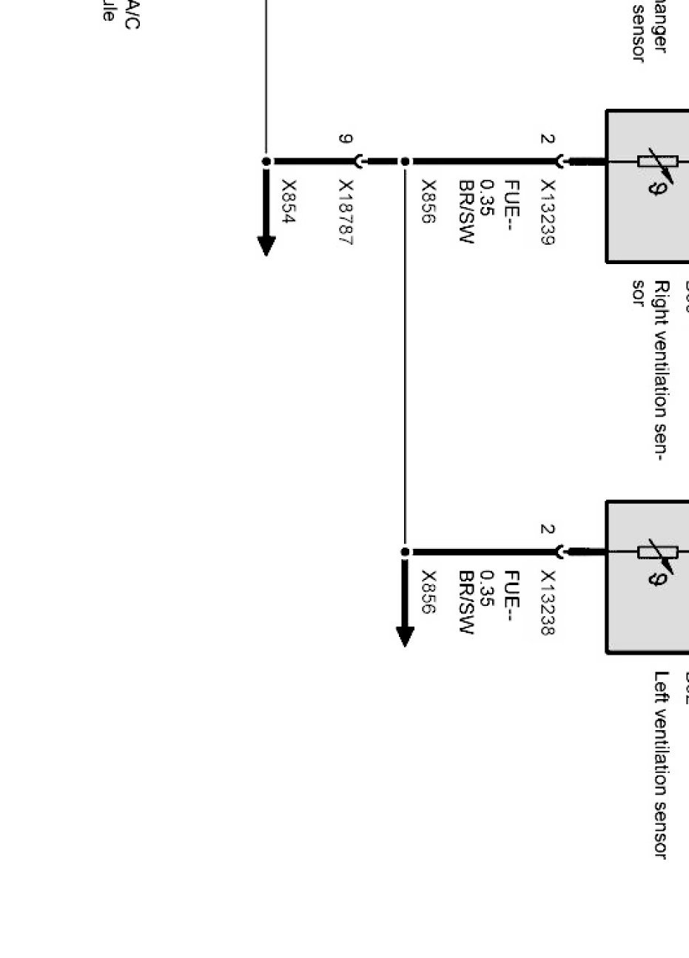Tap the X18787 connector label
click(346, 213)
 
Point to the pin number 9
click(346, 139)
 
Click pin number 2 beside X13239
click(547, 139)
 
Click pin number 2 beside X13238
click(547, 530)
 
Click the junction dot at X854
click(266, 161)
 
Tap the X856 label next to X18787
click(428, 201)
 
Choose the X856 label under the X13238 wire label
click(428, 592)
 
